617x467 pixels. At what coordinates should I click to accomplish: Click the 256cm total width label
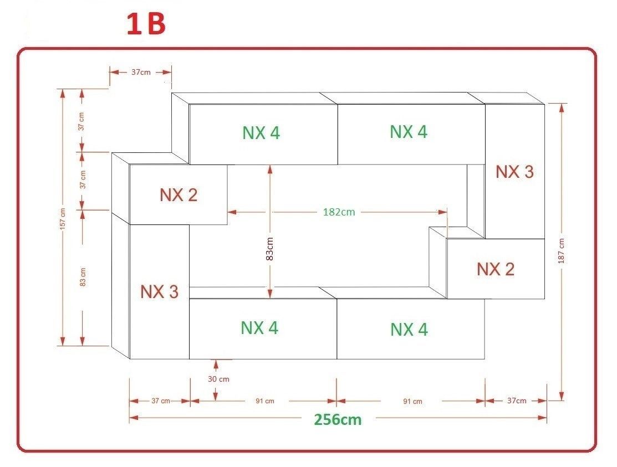[x=338, y=419]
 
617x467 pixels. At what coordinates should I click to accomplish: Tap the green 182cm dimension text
[x=339, y=212]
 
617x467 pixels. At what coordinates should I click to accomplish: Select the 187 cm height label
[x=562, y=250]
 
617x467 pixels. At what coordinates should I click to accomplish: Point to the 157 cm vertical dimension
[x=62, y=219]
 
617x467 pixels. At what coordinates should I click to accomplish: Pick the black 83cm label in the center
[x=270, y=249]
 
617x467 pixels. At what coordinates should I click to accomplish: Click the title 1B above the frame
[x=146, y=25]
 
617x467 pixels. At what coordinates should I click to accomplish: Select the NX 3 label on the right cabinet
[x=514, y=172]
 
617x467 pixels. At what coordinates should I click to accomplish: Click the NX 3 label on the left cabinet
[x=159, y=292]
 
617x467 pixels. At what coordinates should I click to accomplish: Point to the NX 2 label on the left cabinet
[x=179, y=195]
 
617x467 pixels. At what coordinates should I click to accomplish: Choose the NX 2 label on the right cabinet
[x=496, y=269]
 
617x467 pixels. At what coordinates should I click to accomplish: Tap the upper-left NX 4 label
[x=261, y=133]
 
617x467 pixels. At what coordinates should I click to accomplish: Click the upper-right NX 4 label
[x=409, y=132]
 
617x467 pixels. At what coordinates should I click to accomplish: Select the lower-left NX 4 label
[x=259, y=328]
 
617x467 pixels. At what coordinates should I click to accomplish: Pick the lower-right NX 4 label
[x=409, y=330]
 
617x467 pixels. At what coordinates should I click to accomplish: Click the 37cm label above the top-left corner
[x=140, y=72]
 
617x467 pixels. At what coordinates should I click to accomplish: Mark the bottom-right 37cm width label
[x=517, y=401]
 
